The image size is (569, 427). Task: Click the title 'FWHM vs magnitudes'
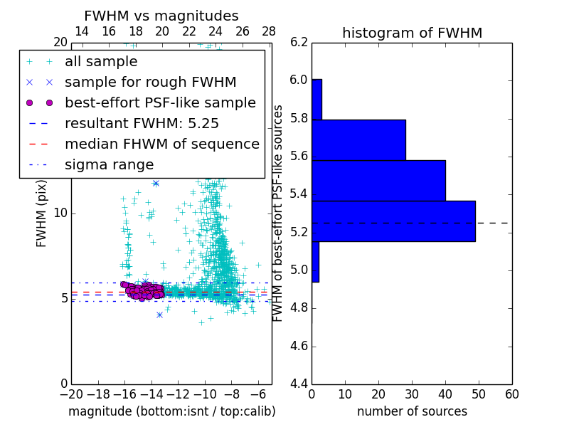point(161,16)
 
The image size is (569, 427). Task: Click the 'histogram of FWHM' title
point(412,33)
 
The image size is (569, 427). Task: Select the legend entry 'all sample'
point(101,62)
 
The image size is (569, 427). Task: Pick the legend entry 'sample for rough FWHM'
point(150,82)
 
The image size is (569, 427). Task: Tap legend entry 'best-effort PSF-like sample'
point(160,102)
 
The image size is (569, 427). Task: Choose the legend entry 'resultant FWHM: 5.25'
point(142,123)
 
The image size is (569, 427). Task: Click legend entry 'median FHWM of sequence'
point(161,144)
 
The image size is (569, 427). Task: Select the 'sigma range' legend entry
point(109,165)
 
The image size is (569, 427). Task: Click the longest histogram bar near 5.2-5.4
point(393,221)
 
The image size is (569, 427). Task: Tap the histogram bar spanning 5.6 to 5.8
point(358,140)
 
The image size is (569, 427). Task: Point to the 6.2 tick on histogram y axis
point(299,42)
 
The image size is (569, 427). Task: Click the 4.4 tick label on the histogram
point(299,384)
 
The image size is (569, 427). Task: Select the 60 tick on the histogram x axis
point(511,394)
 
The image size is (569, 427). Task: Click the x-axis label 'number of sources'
point(412,411)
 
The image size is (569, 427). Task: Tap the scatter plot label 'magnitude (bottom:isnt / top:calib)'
point(171,411)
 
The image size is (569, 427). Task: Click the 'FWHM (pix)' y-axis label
point(42,212)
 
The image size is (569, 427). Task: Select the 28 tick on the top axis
point(269,31)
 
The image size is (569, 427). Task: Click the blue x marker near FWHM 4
point(159,315)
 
